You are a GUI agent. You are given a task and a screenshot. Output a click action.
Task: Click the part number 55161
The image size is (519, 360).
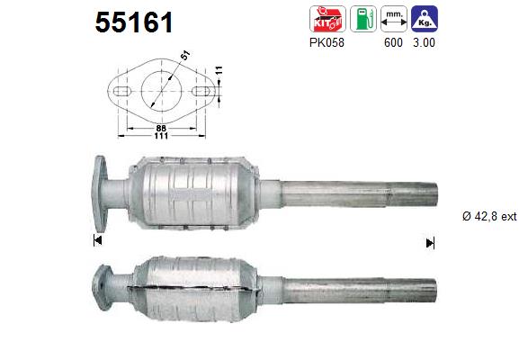[x=134, y=22]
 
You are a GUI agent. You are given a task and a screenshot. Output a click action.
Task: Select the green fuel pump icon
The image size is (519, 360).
[x=363, y=20]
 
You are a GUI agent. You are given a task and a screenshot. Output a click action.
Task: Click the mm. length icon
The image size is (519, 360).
[x=392, y=20]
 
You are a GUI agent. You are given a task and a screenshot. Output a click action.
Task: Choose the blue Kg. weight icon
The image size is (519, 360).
[x=424, y=20]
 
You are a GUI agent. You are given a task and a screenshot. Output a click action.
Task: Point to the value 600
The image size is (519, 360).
[x=392, y=42]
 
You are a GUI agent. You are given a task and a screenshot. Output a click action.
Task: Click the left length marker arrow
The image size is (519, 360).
[x=97, y=241]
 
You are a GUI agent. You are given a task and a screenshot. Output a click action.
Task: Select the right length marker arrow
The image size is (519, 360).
[x=430, y=242]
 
